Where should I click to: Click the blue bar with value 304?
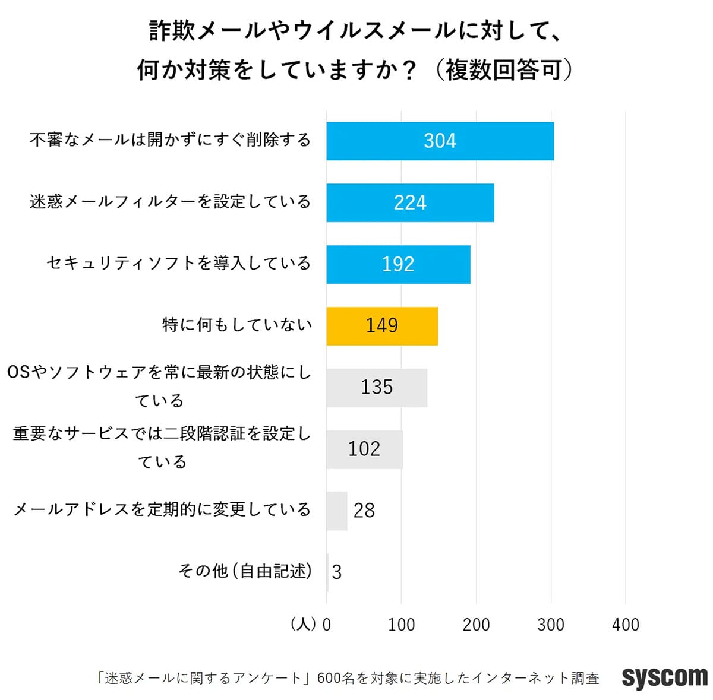(440, 141)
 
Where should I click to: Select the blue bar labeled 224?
(410, 202)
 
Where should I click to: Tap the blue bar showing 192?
(398, 264)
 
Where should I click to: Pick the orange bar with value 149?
(382, 326)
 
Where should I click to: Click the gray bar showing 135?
(377, 388)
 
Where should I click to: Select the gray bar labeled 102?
(364, 449)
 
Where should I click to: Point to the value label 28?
(364, 511)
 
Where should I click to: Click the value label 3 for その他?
(337, 572)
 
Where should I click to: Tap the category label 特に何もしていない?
(236, 325)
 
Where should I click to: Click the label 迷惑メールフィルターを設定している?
(170, 202)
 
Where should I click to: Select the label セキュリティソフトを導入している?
(178, 263)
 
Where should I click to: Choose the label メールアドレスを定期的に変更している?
(162, 509)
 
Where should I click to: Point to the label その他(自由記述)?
(245, 571)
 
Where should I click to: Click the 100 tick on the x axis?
(401, 625)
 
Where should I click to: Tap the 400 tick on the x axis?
(625, 625)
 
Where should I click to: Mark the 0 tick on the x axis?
(326, 625)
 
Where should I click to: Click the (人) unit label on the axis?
(303, 625)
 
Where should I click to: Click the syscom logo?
(664, 677)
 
